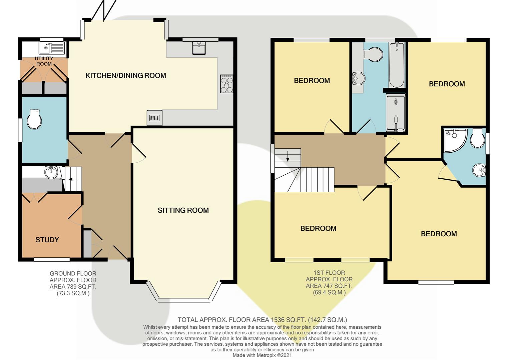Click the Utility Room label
[x=44, y=61]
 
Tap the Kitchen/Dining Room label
[x=126, y=76]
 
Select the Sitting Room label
[x=183, y=210]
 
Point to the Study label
[x=47, y=240]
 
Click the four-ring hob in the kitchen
[x=226, y=84]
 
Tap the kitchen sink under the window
[x=199, y=48]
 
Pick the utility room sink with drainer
[x=52, y=48]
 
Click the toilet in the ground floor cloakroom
[x=34, y=119]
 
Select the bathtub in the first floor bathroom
[x=397, y=65]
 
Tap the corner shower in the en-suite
[x=454, y=140]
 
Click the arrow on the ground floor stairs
[x=74, y=179]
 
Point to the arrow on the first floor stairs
[x=288, y=156]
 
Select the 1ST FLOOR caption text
[x=329, y=273]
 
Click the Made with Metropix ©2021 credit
[x=262, y=355]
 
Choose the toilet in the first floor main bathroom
[x=373, y=54]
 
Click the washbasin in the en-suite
[x=479, y=170]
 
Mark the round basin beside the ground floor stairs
[x=51, y=172]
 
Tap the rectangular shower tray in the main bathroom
[x=396, y=113]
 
